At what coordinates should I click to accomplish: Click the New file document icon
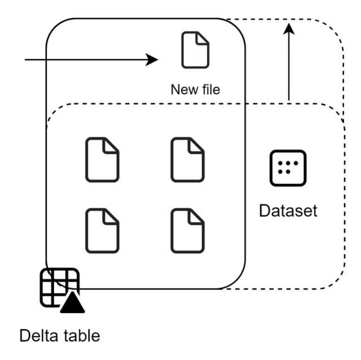[195, 51]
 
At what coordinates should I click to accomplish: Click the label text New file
[195, 90]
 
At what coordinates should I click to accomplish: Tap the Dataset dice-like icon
[288, 168]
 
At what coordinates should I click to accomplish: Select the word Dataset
[288, 211]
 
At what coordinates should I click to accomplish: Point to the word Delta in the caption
[39, 337]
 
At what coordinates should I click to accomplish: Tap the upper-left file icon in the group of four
[102, 160]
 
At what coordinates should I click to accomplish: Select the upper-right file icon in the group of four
[188, 160]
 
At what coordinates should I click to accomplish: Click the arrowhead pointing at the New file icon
[152, 59]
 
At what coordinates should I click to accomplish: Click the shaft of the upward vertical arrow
[288, 68]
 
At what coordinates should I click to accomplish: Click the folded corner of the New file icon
[204, 38]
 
